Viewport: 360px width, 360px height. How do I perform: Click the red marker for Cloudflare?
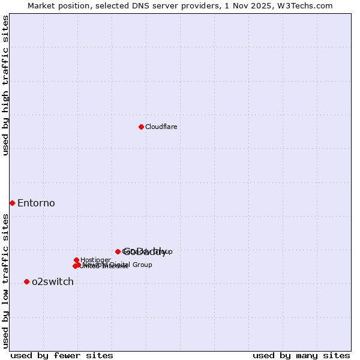(x=141, y=127)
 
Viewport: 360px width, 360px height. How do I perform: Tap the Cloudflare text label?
(x=161, y=127)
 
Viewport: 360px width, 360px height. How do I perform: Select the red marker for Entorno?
(x=12, y=203)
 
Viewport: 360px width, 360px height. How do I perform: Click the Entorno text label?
(x=36, y=203)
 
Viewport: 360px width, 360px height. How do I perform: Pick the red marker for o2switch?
(x=26, y=281)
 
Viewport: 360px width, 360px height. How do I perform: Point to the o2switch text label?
(x=53, y=282)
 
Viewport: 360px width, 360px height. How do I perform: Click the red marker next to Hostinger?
(x=77, y=260)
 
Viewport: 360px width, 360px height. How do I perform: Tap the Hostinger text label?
(x=95, y=260)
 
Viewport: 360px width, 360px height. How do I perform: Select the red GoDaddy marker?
(x=118, y=251)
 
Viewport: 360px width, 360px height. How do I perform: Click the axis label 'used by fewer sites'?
(x=62, y=355)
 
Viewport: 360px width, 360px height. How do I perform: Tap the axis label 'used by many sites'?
(x=301, y=355)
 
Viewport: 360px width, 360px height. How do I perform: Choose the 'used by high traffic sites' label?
(x=6, y=85)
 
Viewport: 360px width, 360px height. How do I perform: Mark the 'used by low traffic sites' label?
(x=6, y=281)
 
